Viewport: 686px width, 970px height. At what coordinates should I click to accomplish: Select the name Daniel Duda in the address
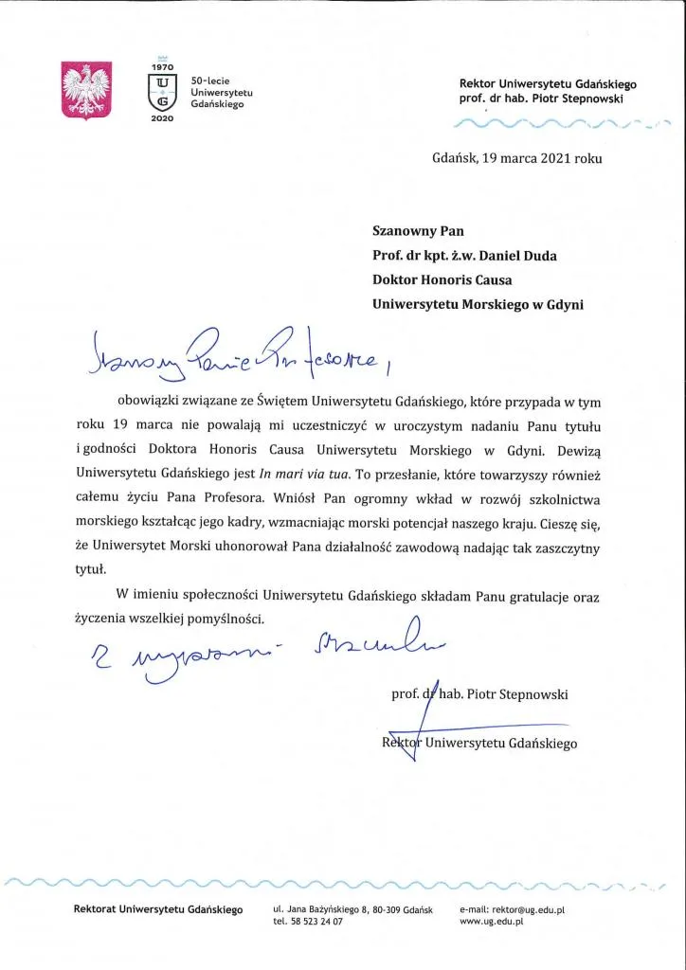click(513, 255)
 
